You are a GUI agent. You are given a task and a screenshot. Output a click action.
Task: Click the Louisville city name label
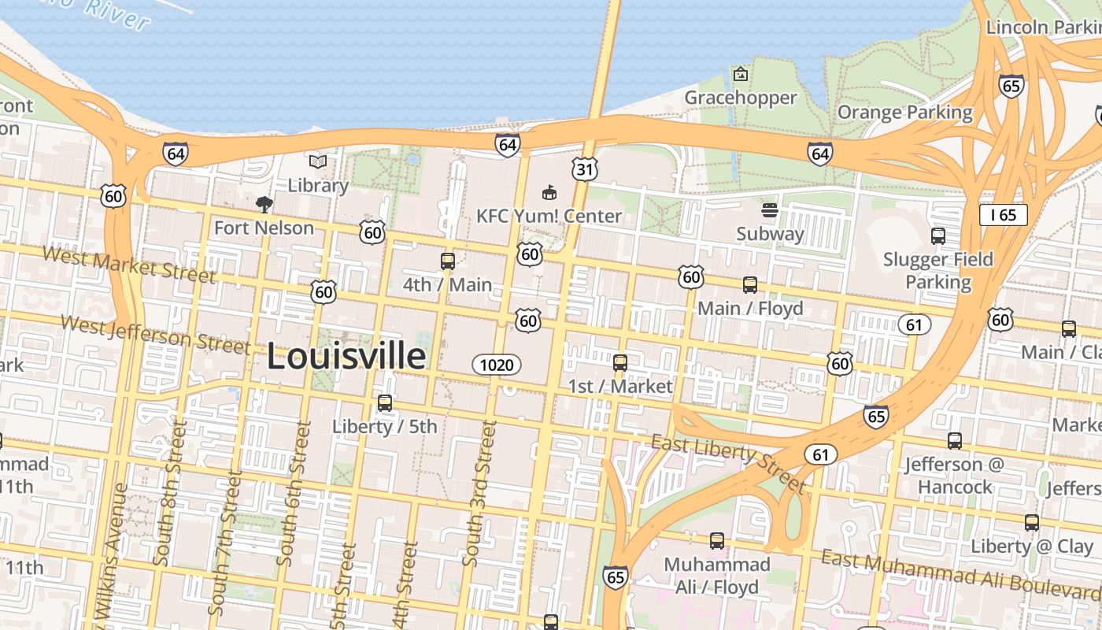[346, 357]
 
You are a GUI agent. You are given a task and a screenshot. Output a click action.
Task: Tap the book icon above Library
[317, 161]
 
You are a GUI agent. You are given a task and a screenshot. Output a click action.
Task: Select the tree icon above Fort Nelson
[264, 205]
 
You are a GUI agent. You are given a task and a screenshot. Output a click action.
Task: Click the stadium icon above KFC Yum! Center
[549, 192]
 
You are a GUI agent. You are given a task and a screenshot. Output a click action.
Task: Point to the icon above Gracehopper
[740, 74]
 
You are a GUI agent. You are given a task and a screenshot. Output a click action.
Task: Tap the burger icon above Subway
[770, 210]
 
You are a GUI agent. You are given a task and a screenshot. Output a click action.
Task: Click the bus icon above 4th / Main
[447, 261]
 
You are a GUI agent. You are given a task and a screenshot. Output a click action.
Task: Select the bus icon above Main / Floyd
[750, 285]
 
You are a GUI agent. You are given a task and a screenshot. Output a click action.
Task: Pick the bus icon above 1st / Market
[620, 363]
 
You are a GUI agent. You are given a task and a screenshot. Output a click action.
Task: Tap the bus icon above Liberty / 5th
[384, 403]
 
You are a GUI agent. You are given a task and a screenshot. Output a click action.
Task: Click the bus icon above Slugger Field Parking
[937, 235]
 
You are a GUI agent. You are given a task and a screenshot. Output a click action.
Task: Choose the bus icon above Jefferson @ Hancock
[954, 441]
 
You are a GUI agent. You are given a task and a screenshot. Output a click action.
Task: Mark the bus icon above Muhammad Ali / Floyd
[716, 541]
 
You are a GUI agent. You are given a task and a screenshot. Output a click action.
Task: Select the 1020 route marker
[497, 365]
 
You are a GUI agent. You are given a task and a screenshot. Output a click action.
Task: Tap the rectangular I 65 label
[1003, 214]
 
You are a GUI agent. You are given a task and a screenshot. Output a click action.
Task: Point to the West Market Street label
[128, 265]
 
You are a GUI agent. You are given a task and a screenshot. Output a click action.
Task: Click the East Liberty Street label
[729, 462]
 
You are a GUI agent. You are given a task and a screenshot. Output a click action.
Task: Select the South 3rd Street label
[479, 494]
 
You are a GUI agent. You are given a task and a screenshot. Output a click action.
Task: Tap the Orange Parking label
[904, 112]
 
